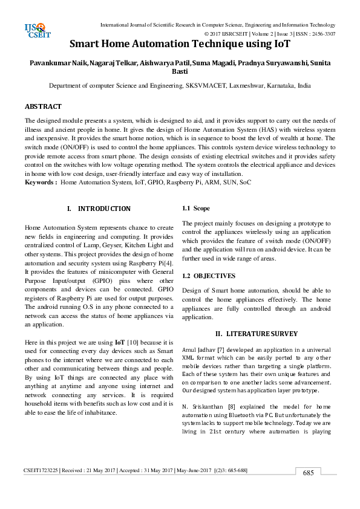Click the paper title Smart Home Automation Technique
coord(180,44)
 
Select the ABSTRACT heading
coord(43,106)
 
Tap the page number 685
coord(308,490)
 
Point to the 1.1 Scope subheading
coord(196,209)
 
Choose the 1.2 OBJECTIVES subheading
coord(209,276)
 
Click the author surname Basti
coord(180,72)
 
